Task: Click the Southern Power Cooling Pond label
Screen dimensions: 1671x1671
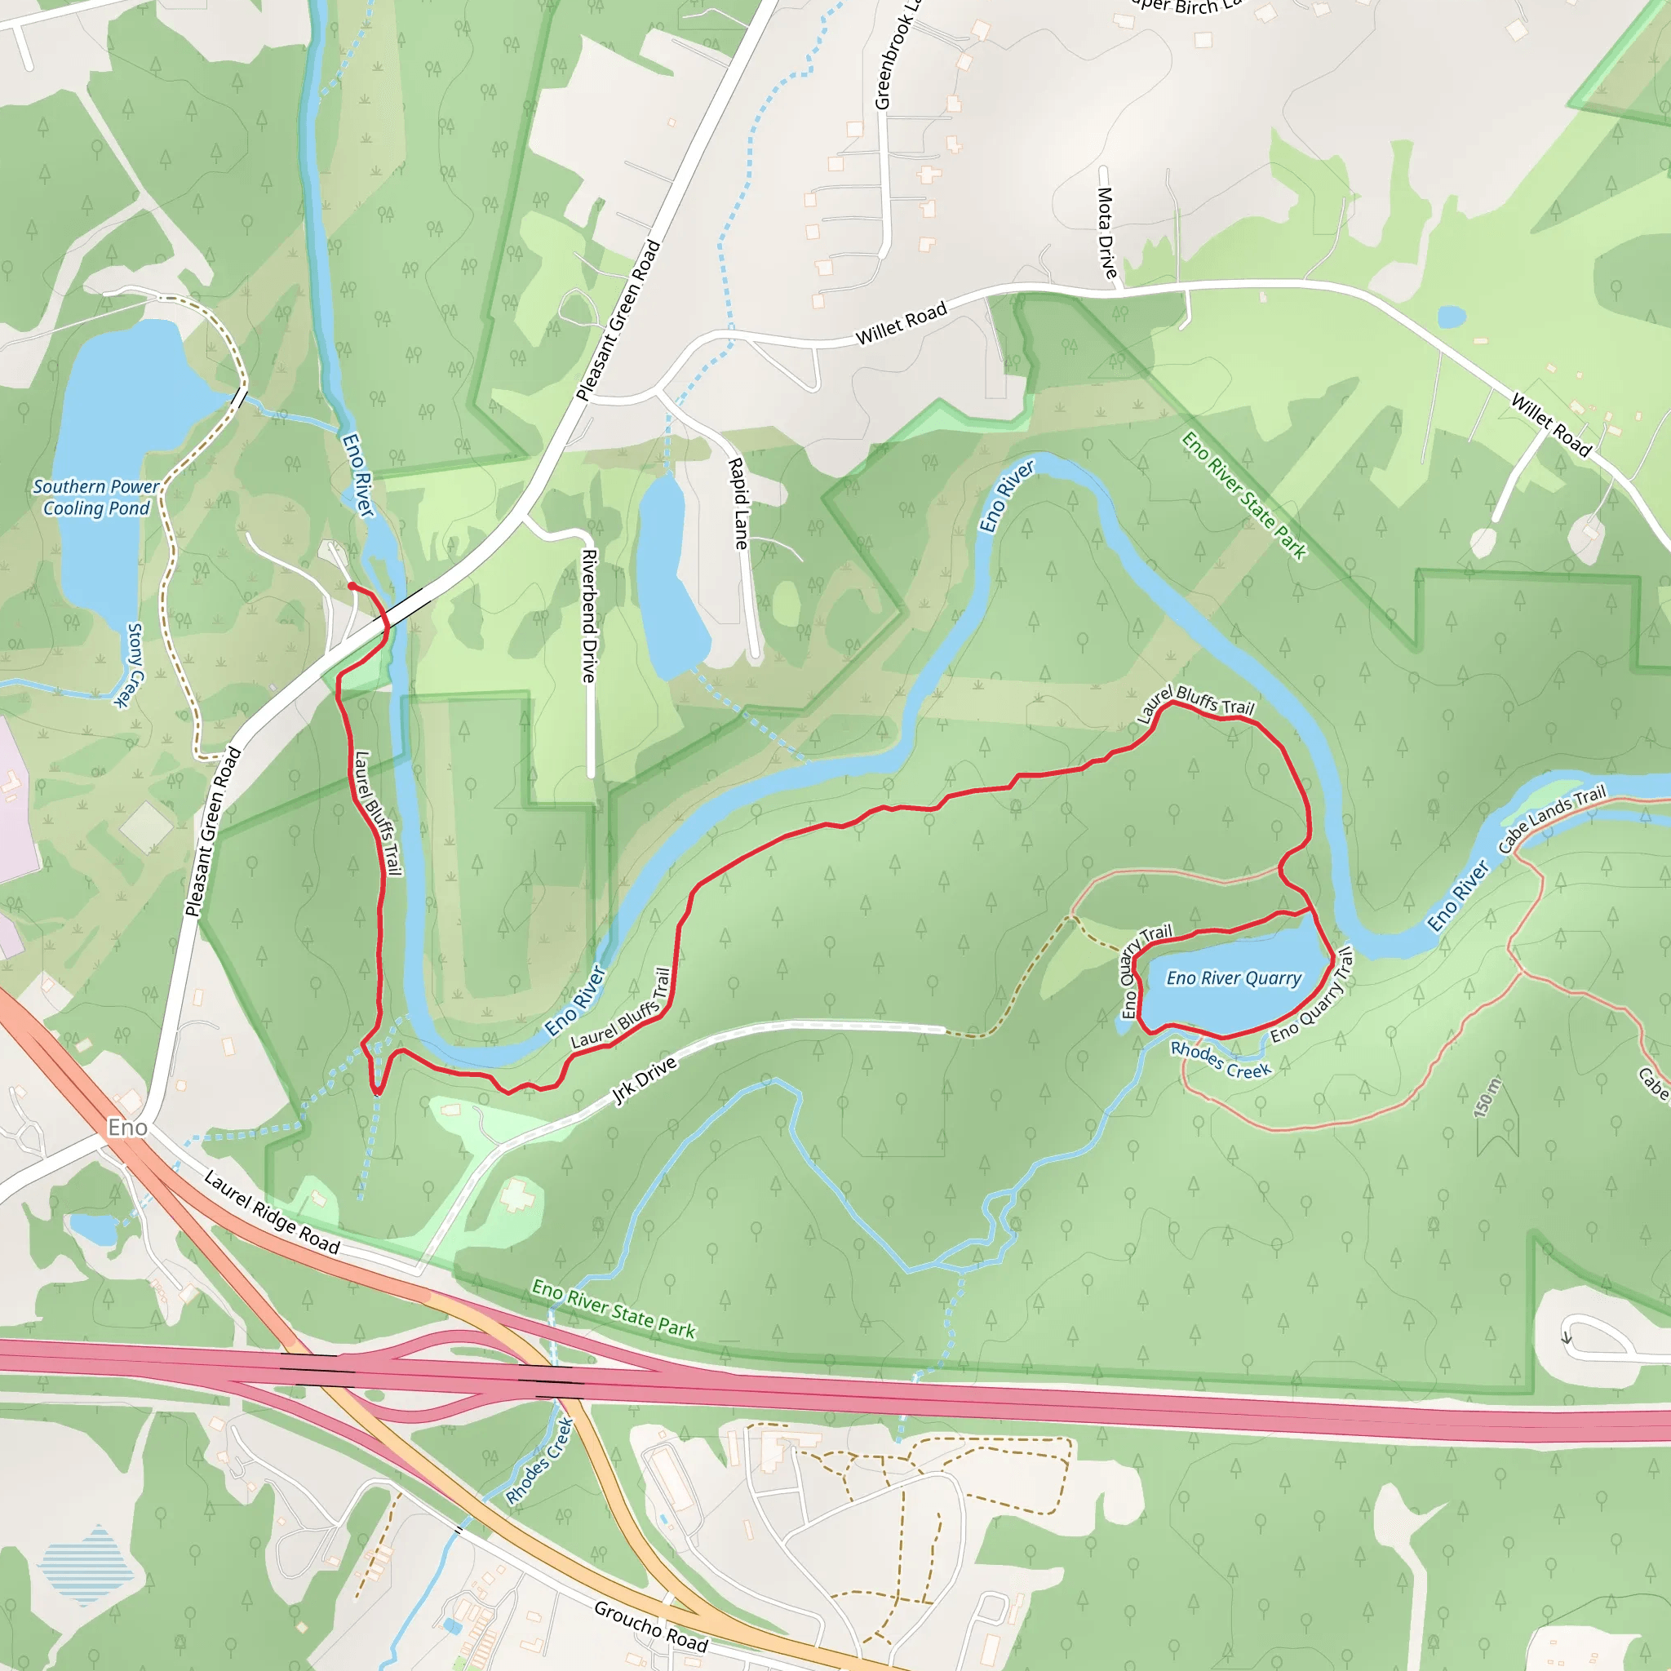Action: pos(96,498)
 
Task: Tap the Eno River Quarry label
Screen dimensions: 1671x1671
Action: pos(1234,978)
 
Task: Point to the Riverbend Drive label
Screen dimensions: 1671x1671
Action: pos(589,616)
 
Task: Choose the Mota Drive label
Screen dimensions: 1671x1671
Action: pos(1106,233)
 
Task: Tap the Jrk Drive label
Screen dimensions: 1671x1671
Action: pos(645,1080)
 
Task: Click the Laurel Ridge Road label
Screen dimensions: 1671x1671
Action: pos(272,1212)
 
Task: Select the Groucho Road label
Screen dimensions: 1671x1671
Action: pos(650,1626)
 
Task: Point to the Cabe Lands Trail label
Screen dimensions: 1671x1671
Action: pos(1552,818)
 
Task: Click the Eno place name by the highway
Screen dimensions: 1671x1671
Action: pos(127,1127)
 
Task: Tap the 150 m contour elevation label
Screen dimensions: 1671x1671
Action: pos(1488,1097)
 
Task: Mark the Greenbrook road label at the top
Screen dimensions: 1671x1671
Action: pos(895,56)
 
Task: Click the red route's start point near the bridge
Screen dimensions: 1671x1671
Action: pos(351,587)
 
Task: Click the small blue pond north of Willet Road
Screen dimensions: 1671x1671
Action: pos(1452,317)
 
